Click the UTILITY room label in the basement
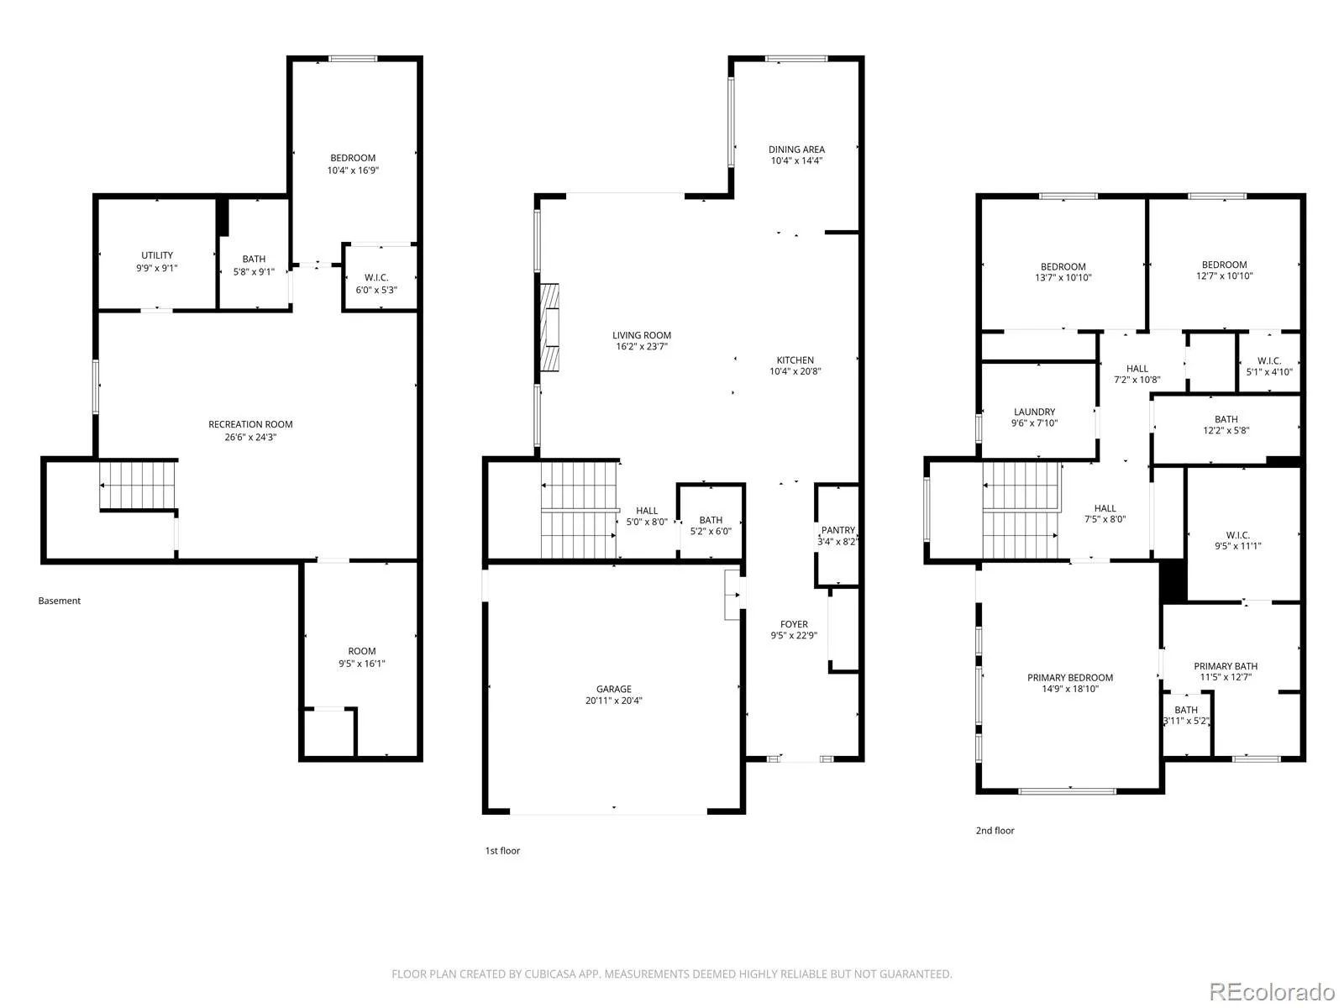pyautogui.click(x=157, y=255)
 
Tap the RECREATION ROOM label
pyautogui.click(x=250, y=424)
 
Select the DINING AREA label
pyautogui.click(x=796, y=150)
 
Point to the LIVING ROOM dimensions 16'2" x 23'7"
pyautogui.click(x=642, y=346)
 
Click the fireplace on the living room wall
pyautogui.click(x=549, y=328)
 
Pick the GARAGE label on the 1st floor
pyautogui.click(x=613, y=689)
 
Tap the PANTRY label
pyautogui.click(x=838, y=530)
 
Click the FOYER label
pyautogui.click(x=794, y=624)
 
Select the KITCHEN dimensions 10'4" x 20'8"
pyautogui.click(x=795, y=371)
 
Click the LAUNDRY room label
pyautogui.click(x=1034, y=412)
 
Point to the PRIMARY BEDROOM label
pyautogui.click(x=1070, y=678)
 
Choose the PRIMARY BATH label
pyautogui.click(x=1226, y=666)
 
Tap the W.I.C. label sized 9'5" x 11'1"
pyautogui.click(x=1238, y=535)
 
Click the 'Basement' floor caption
pyautogui.click(x=60, y=601)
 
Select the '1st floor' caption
pyautogui.click(x=502, y=851)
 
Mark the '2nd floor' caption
pyautogui.click(x=995, y=831)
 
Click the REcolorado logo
pyautogui.click(x=1273, y=991)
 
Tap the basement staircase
pyautogui.click(x=138, y=486)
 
